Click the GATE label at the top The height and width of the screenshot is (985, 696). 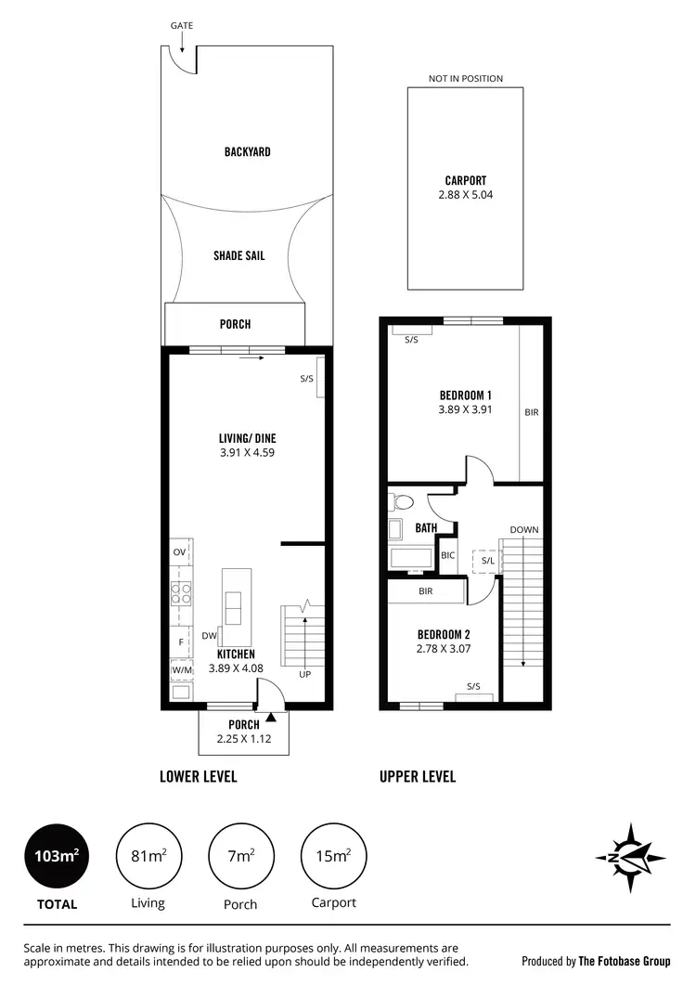pyautogui.click(x=182, y=25)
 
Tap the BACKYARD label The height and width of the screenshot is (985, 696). pyautogui.click(x=247, y=151)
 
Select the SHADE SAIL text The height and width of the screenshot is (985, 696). pyautogui.click(x=238, y=255)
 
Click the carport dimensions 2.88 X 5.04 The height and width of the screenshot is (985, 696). pyautogui.click(x=465, y=195)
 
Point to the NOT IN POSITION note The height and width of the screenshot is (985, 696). pyautogui.click(x=465, y=79)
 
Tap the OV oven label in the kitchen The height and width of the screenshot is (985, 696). pyautogui.click(x=180, y=552)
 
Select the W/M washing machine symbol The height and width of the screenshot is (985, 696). pyautogui.click(x=181, y=670)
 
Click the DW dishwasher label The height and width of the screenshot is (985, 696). pyautogui.click(x=209, y=636)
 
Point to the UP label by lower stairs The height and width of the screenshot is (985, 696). pyautogui.click(x=304, y=674)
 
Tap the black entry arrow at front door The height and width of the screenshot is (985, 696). pyautogui.click(x=270, y=716)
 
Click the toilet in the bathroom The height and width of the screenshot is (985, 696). pyautogui.click(x=402, y=502)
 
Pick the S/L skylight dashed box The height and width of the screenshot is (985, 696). pyautogui.click(x=487, y=561)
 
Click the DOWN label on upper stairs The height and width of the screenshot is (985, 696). pyautogui.click(x=523, y=529)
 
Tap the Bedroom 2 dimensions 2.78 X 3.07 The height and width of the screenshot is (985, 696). pyautogui.click(x=444, y=649)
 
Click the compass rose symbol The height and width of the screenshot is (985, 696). pyautogui.click(x=630, y=857)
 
